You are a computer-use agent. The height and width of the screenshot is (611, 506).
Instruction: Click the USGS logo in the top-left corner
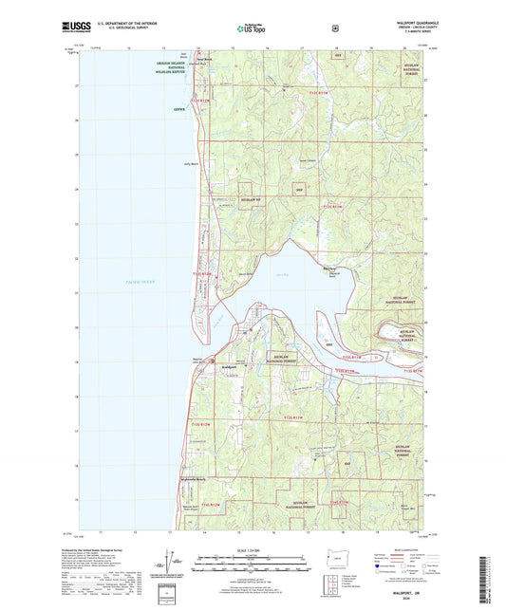coord(78,29)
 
